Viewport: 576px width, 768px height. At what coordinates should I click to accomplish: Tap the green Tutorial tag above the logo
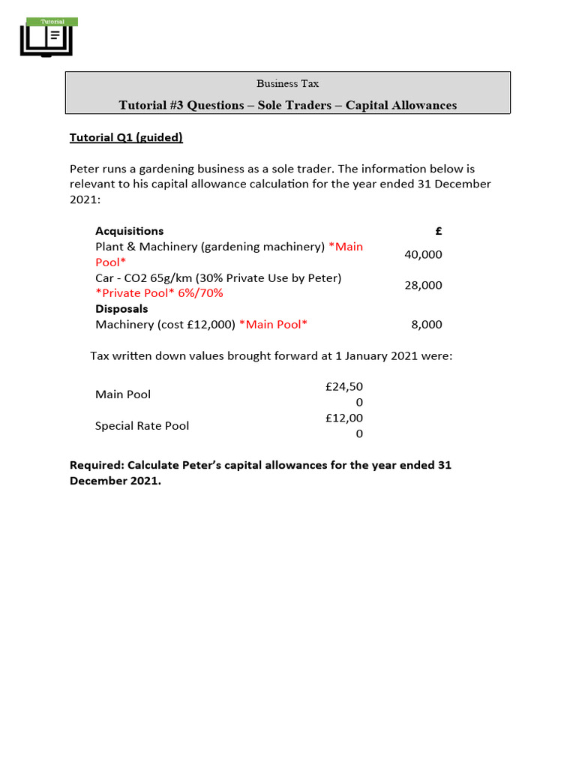point(52,22)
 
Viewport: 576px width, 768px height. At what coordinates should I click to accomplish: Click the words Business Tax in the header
point(287,83)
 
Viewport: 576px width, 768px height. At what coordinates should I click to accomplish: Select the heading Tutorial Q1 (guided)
point(126,137)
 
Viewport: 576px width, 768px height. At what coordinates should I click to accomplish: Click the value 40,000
point(423,254)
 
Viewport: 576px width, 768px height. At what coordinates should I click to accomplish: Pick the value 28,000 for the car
point(423,285)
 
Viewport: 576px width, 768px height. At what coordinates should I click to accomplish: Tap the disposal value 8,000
point(427,325)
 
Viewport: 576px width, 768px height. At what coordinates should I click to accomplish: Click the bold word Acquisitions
point(129,231)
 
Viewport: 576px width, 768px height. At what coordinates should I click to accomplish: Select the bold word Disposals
point(121,309)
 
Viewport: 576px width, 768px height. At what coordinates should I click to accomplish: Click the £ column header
point(439,231)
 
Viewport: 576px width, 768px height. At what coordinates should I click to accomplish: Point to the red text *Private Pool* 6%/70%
point(159,293)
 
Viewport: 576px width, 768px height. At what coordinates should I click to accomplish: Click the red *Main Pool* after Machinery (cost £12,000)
point(273,325)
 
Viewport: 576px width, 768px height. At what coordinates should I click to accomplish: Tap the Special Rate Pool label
point(142,426)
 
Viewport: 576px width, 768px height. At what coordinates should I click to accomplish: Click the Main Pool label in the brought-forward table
point(122,394)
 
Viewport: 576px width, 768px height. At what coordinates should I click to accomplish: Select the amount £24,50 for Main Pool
point(344,387)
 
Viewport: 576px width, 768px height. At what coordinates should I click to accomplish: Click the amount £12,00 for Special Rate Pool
point(344,418)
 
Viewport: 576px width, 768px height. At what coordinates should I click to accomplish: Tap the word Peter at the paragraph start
point(85,169)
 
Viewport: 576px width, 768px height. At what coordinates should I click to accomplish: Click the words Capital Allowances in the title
point(400,105)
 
